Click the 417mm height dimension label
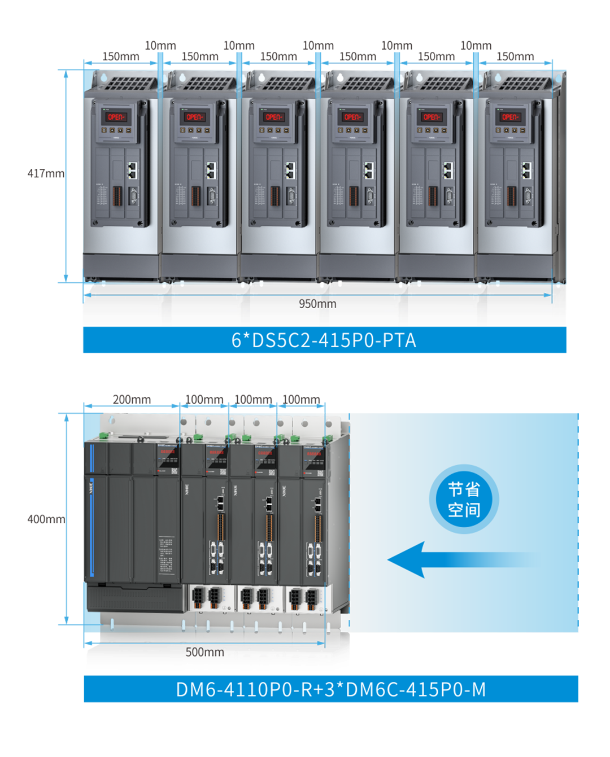(x=46, y=173)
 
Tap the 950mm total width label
(x=317, y=304)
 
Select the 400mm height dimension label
(x=46, y=519)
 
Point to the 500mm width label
(x=204, y=652)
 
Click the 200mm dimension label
(x=132, y=400)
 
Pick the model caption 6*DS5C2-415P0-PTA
(x=324, y=340)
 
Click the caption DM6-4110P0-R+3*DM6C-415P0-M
(x=330, y=689)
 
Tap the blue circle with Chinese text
(x=464, y=499)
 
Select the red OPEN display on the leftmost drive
(x=116, y=117)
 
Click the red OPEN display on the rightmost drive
(x=509, y=117)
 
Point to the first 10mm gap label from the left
(x=160, y=46)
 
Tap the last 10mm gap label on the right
(x=476, y=46)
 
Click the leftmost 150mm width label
(x=120, y=56)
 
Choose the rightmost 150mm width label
(x=515, y=56)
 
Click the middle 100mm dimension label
(x=253, y=400)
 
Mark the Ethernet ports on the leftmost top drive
(x=132, y=170)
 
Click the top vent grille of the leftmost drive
(x=130, y=84)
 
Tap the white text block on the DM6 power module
(x=166, y=555)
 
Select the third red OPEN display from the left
(x=273, y=117)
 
